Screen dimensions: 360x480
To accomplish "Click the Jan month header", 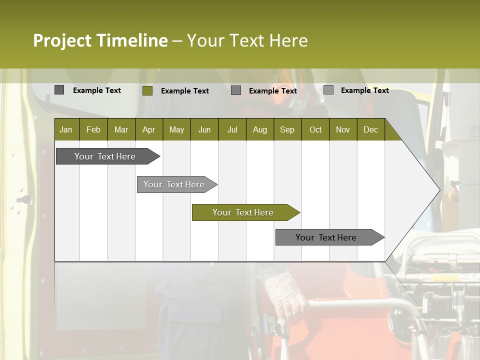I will tap(66, 129).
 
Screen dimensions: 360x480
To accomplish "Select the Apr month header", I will tap(148, 129).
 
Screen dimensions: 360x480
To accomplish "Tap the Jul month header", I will tap(232, 129).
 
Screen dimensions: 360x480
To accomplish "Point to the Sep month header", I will tap(287, 129).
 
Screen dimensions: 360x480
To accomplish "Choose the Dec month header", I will tap(370, 129).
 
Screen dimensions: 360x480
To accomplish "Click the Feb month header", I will tap(93, 129).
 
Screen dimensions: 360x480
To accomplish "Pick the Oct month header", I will tap(315, 129).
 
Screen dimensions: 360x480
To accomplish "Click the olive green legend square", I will tap(147, 90).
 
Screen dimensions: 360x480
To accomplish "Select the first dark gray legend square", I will tap(59, 90).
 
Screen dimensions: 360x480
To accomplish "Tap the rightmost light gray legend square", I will tap(328, 90).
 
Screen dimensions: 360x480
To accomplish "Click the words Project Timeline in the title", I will tap(100, 40).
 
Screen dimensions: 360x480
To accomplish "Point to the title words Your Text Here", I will tap(247, 40).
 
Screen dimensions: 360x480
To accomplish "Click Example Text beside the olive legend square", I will tap(184, 91).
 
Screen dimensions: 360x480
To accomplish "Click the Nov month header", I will tap(343, 129).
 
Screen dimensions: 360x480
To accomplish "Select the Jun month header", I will tap(204, 129).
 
